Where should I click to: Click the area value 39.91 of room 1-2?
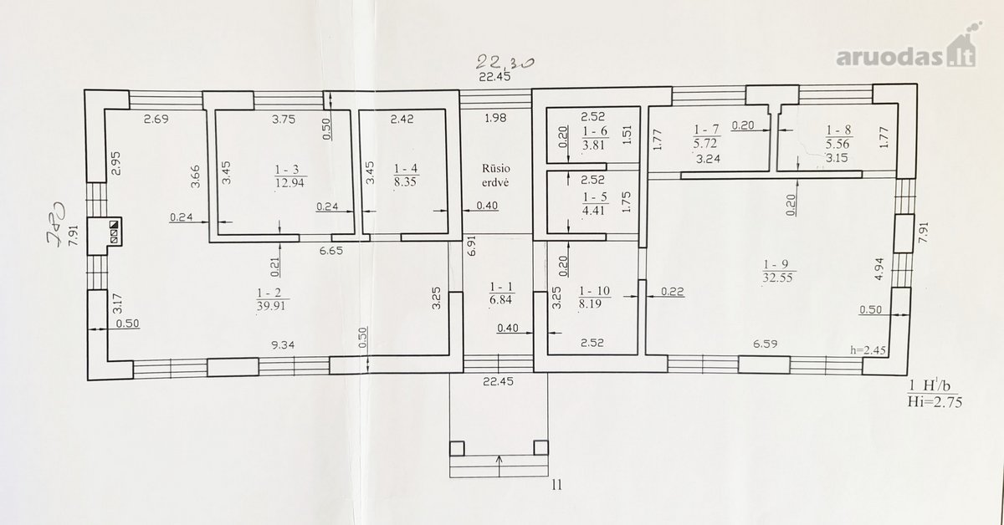tap(271, 306)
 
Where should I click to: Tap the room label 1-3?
tap(287, 170)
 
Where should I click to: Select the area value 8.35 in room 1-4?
tap(405, 182)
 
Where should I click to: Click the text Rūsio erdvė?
tap(495, 176)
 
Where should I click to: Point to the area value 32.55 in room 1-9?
tap(777, 278)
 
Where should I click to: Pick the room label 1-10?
tap(594, 291)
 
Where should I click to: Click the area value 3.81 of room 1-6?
tap(594, 145)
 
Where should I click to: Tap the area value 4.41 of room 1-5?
tap(594, 210)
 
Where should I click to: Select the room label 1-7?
tap(707, 130)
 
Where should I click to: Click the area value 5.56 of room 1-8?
tap(838, 144)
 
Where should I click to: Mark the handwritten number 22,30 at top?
tap(505, 63)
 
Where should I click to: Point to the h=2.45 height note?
tap(868, 350)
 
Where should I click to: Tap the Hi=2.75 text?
tap(935, 402)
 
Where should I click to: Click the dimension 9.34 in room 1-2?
tap(283, 345)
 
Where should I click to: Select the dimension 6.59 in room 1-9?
tap(765, 344)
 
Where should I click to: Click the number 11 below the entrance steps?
tap(556, 485)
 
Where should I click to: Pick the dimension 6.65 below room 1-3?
tap(331, 251)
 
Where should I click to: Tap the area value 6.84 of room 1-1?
tap(500, 300)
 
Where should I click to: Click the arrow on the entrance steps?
tap(499, 466)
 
